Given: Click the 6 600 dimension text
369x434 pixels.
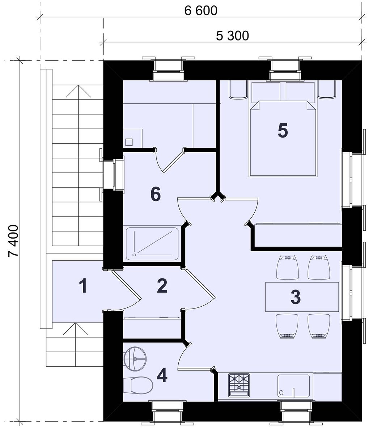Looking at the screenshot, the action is click(x=200, y=11).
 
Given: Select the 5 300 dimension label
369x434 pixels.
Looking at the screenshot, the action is click(x=233, y=36).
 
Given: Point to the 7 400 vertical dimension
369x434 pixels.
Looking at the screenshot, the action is click(x=13, y=241).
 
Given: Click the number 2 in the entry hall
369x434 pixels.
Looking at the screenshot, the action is click(x=162, y=286).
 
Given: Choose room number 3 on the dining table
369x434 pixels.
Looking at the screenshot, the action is click(x=296, y=297).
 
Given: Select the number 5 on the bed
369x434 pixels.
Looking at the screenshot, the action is click(x=283, y=131).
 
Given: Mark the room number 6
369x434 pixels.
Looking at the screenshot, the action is click(x=156, y=194).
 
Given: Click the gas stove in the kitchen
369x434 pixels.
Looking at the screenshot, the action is click(x=239, y=386).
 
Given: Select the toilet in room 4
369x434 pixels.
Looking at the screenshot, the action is click(x=138, y=385).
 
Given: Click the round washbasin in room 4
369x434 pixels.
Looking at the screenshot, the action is click(x=135, y=359).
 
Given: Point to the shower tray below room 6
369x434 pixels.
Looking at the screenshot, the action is click(x=152, y=244).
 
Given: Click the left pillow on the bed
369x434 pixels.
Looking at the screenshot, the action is click(x=266, y=92).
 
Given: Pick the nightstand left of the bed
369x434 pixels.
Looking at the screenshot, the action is click(x=238, y=89).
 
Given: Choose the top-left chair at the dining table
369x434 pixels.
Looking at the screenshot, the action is click(x=288, y=267).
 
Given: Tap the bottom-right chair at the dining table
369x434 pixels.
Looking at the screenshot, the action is click(x=319, y=327).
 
